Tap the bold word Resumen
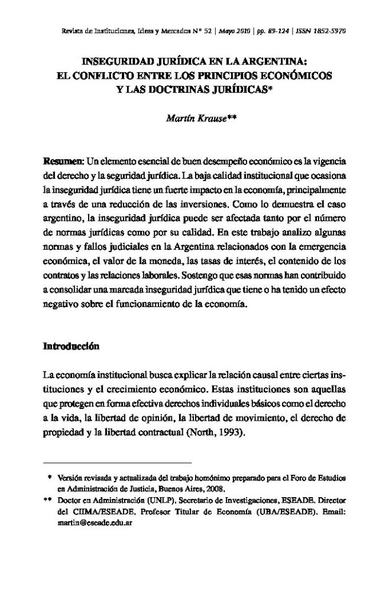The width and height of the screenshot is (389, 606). pos(64,161)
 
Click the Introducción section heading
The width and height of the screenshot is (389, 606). pos(72,346)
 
